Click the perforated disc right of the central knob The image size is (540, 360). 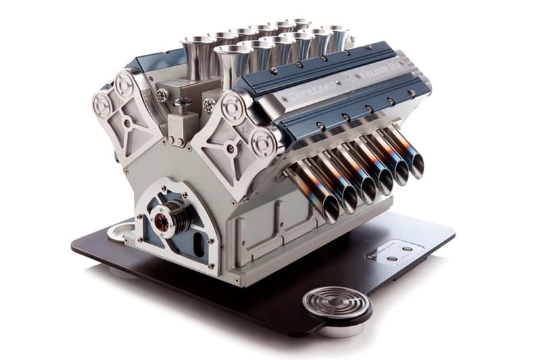(209, 105)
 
